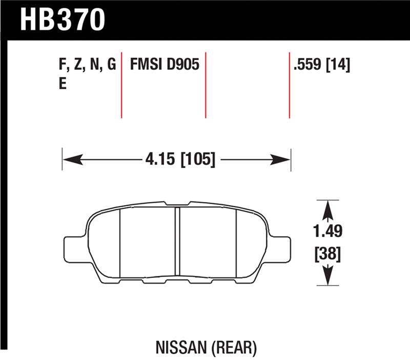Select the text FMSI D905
tap(165, 65)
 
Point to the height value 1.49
tap(329, 232)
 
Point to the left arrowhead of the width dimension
tap(70, 159)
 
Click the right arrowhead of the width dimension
tap(284, 159)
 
